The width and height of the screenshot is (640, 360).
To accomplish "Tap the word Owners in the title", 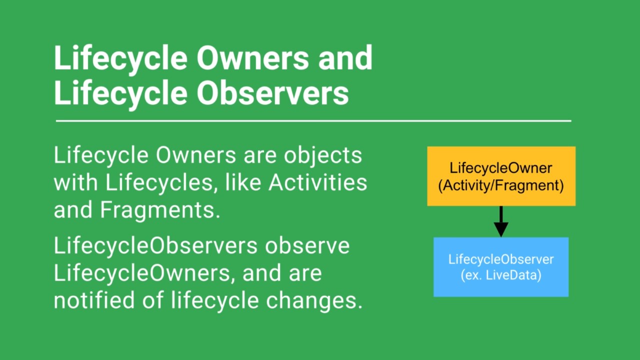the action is point(253,57).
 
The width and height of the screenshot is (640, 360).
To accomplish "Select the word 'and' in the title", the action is point(345,57).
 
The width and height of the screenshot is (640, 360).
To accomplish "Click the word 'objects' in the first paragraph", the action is point(323,156).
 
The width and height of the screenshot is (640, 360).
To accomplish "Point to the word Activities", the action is point(317,182).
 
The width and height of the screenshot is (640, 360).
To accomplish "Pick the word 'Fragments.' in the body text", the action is point(160,210).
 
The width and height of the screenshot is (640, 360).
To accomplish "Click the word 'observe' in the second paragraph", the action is point(307,246).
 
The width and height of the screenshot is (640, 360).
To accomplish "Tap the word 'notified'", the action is point(94,300).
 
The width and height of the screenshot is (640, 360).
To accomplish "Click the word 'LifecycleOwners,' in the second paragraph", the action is point(144,273).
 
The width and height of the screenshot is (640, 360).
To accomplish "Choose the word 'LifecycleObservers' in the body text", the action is point(155,246).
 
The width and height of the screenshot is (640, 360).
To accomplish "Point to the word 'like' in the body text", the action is point(243,182).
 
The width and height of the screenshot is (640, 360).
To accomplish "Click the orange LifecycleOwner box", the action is point(501,176).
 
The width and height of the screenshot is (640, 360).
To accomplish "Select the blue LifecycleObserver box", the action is point(501,267).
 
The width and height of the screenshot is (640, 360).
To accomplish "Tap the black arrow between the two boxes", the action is point(501,221).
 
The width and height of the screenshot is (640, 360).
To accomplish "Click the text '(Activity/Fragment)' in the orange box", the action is point(501,185).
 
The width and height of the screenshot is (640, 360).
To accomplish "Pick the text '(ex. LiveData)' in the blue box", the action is point(501,275).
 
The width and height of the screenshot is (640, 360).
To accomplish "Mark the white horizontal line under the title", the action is point(313,121).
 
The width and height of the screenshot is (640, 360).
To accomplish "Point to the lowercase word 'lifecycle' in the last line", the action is point(215,301).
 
